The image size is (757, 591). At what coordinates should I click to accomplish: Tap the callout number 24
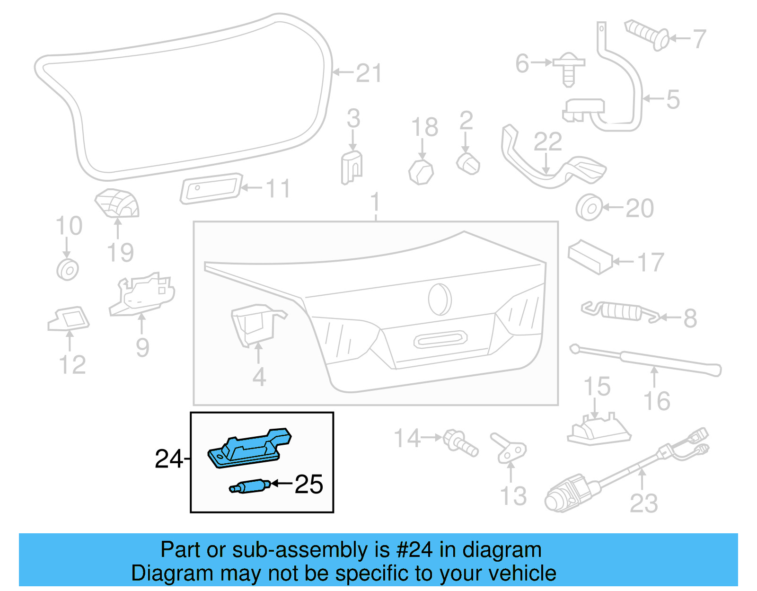168,459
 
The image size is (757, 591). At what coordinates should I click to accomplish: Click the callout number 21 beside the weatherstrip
369,73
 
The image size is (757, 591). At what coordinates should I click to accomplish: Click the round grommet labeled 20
589,207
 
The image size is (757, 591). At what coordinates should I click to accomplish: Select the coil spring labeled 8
620,311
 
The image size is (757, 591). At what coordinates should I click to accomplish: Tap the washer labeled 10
67,270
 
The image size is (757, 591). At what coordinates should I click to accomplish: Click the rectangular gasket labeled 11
211,188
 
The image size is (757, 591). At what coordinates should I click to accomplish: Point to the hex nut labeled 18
421,172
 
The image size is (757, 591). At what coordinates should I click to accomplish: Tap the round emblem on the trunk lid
440,299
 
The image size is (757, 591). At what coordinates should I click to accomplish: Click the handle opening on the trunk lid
440,339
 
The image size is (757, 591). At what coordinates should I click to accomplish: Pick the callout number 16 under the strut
657,401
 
